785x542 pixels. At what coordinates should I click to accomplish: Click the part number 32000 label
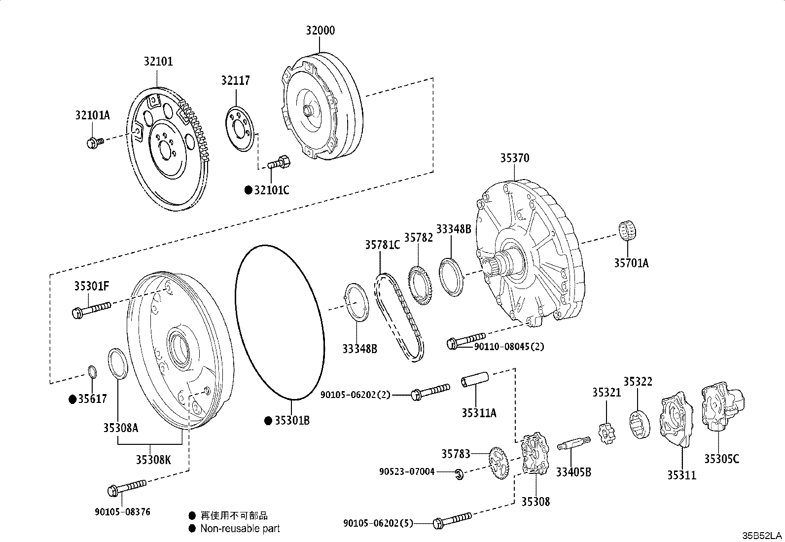point(320,31)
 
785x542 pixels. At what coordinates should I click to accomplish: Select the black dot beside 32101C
point(249,190)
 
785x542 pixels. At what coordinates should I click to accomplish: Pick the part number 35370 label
point(514,158)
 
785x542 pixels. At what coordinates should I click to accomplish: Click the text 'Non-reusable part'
point(240,529)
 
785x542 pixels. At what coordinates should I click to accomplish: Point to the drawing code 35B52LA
point(763,535)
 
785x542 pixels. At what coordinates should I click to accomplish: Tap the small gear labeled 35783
point(500,464)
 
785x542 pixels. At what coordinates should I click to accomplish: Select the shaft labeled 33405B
point(574,443)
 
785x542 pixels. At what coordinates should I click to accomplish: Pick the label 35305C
point(721,459)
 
